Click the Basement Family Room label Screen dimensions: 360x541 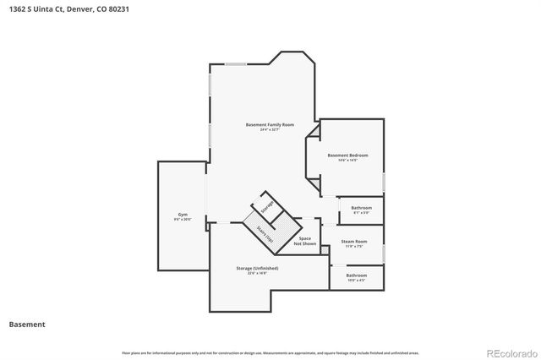(270, 124)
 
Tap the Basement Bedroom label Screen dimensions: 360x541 (347, 155)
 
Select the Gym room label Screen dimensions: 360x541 (183, 214)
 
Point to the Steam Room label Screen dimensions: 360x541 (353, 241)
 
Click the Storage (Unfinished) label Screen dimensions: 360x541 (257, 268)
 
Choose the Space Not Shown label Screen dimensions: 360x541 (304, 241)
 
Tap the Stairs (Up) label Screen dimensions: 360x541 (264, 233)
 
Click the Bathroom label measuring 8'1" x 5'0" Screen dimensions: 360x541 (361, 207)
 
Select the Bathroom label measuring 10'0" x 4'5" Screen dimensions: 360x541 (356, 275)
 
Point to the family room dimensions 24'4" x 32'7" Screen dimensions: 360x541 (270, 130)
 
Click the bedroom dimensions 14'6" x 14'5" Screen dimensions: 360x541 (347, 160)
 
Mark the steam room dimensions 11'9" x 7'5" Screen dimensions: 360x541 (353, 247)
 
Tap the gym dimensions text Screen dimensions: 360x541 (183, 219)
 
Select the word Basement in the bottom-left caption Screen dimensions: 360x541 (27, 324)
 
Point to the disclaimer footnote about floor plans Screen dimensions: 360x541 (270, 352)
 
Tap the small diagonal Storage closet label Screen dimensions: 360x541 (267, 207)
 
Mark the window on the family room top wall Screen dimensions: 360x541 (236, 63)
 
